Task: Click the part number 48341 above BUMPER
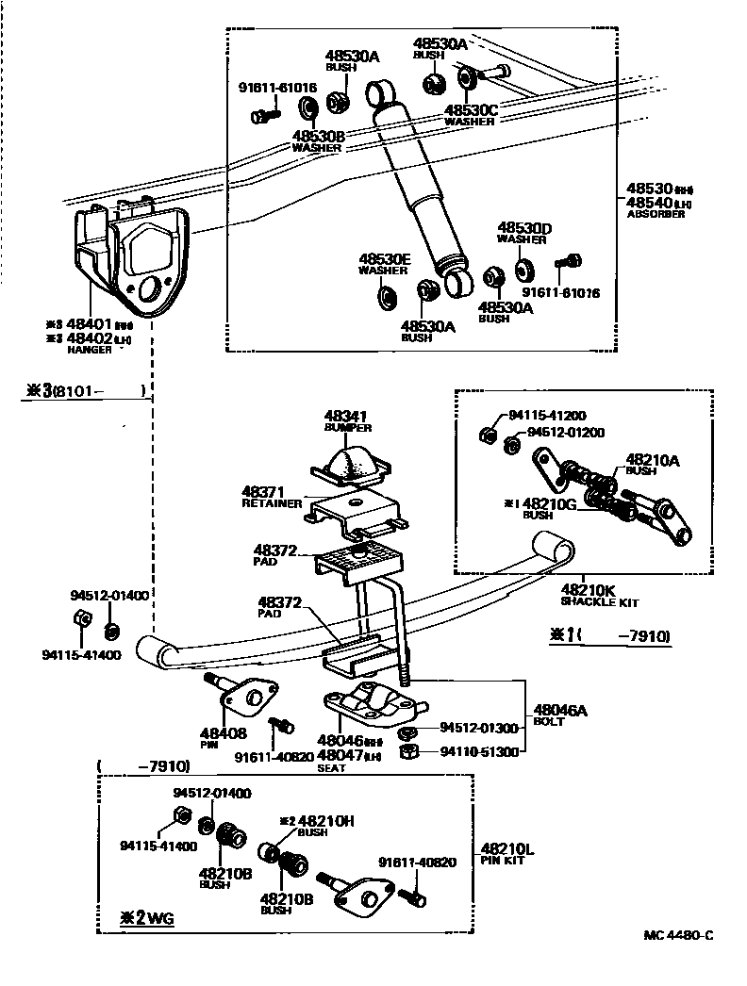tap(347, 416)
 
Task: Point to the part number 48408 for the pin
tap(224, 732)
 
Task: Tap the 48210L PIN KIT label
tap(507, 853)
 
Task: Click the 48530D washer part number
tap(524, 228)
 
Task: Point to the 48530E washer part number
tap(384, 259)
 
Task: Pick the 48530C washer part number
tap(471, 110)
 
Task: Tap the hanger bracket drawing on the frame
tap(127, 255)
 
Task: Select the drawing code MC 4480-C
tap(678, 935)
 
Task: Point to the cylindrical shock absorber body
tap(416, 179)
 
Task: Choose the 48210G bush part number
tap(552, 503)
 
